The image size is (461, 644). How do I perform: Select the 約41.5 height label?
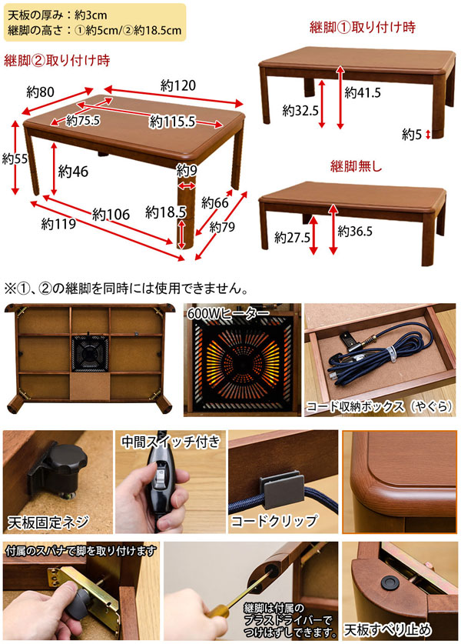(x=363, y=93)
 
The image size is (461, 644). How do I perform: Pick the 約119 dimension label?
(x=57, y=225)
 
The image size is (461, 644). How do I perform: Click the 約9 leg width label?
(x=187, y=170)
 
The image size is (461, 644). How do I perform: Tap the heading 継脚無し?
(x=356, y=165)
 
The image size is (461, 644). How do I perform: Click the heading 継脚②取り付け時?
(x=56, y=59)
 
